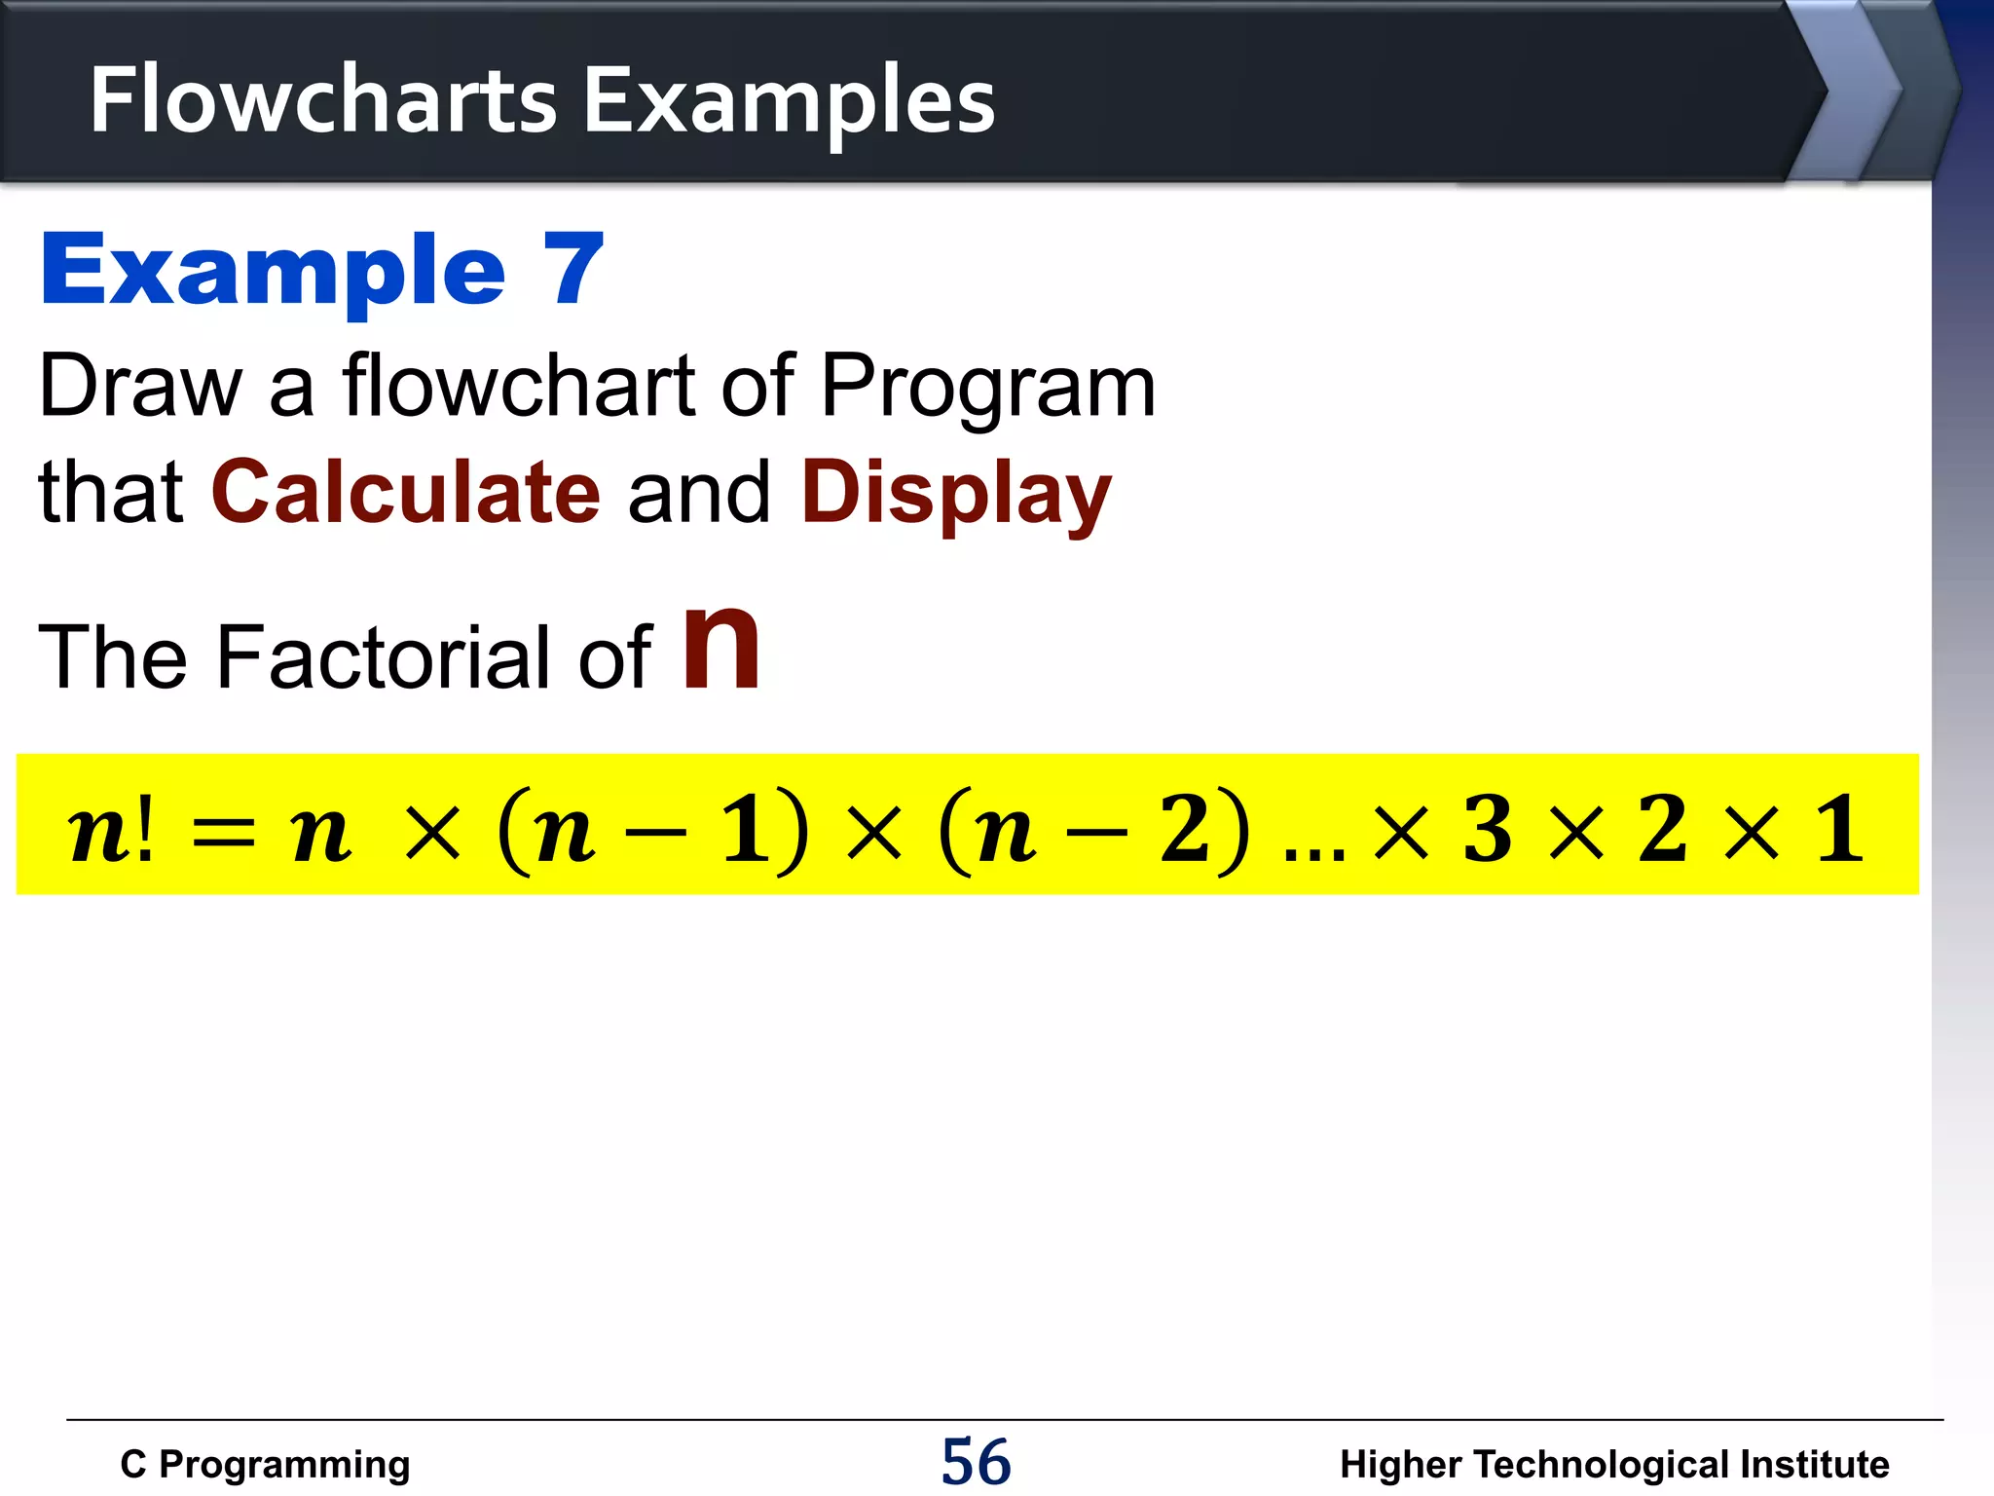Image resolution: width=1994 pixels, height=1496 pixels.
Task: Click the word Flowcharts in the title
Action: [322, 100]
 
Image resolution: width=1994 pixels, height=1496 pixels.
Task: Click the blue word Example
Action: [273, 272]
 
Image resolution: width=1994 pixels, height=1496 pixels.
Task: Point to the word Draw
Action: [140, 387]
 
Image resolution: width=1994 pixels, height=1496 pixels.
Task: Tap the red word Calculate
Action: [406, 492]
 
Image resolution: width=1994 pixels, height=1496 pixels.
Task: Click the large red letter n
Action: [720, 647]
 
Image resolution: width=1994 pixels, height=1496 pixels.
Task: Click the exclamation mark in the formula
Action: [145, 828]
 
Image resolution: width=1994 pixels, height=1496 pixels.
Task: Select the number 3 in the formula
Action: [1487, 828]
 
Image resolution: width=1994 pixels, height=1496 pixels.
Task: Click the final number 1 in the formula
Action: [1839, 828]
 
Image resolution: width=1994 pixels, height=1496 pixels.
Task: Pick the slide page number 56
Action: [976, 1462]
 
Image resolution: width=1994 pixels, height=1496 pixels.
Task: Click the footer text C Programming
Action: [265, 1465]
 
